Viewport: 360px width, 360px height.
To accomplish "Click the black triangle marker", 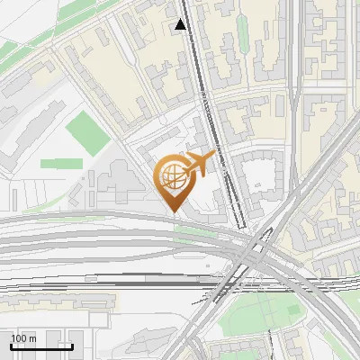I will [182, 24].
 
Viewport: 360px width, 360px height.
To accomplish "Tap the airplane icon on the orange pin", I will [201, 163].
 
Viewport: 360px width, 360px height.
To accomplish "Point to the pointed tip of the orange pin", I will [174, 211].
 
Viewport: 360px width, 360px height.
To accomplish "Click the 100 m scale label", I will [23, 338].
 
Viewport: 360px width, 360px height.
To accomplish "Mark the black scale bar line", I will [41, 346].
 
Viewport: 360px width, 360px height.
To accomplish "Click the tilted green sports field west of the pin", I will [88, 133].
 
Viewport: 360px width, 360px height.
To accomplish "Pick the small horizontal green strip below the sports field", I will [59, 164].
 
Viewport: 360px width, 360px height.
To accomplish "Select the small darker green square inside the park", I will [292, 310].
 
